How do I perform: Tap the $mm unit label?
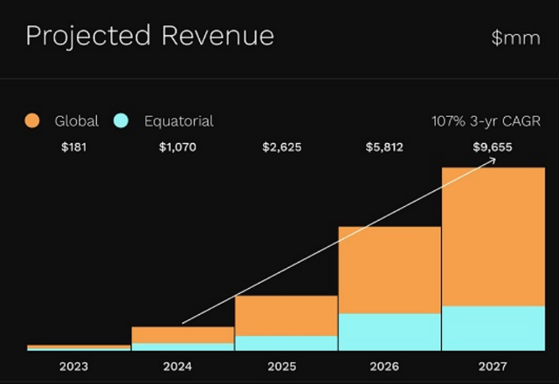516,38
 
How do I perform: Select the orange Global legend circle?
32,121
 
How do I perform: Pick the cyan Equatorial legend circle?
121,121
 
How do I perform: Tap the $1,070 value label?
177,147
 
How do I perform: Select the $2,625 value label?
281,147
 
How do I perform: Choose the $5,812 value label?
384,147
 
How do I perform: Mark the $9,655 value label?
491,147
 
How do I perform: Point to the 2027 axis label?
493,366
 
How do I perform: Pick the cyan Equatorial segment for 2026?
390,332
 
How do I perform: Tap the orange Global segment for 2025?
286,315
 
